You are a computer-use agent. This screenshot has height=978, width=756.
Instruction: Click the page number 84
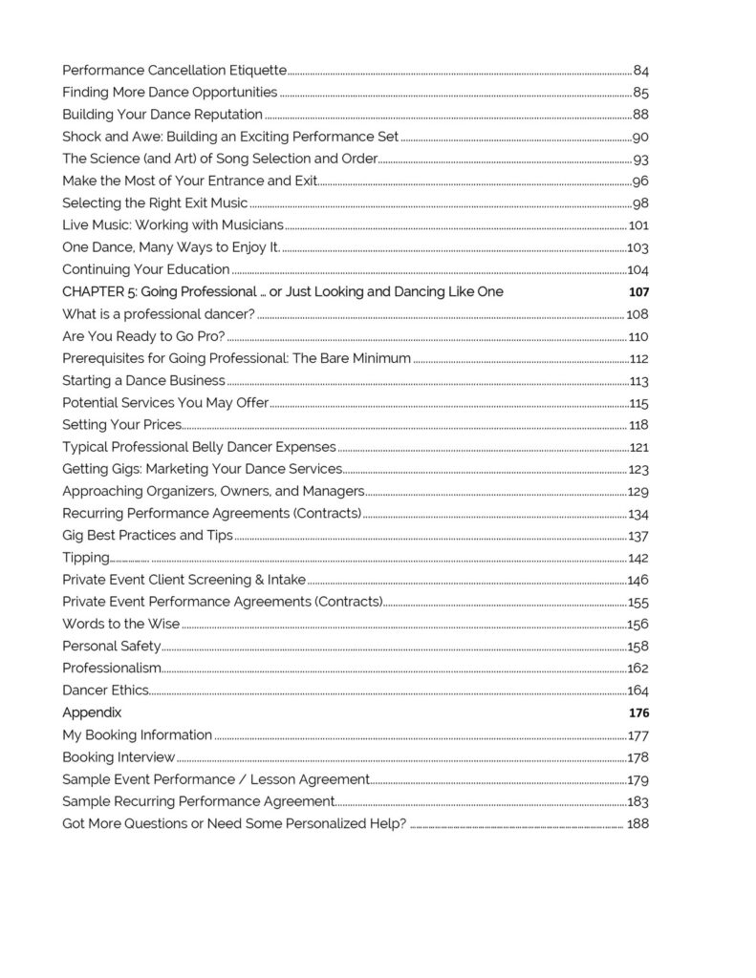[x=641, y=71]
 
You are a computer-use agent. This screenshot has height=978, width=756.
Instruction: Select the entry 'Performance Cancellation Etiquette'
[x=174, y=71]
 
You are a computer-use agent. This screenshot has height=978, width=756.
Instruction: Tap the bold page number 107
[x=638, y=291]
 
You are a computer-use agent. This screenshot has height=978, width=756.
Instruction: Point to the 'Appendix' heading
[x=92, y=712]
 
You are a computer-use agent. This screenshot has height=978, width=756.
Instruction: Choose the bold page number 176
[x=638, y=712]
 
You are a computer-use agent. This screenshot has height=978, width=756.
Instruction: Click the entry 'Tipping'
[x=86, y=558]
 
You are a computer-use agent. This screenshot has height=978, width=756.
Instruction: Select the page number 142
[x=638, y=558]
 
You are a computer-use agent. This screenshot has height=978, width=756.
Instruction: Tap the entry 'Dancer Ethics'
[x=105, y=691]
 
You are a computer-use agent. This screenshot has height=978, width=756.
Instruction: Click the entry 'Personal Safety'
[x=111, y=647]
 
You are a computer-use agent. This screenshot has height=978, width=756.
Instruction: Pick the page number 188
[x=638, y=823]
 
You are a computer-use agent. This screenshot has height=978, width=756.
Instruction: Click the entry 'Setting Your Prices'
[x=121, y=425]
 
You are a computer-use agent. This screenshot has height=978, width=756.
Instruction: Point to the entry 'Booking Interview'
[x=119, y=757]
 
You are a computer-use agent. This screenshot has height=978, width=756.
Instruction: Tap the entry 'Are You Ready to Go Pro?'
[x=143, y=336]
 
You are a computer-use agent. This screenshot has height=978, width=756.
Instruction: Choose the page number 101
[x=638, y=225]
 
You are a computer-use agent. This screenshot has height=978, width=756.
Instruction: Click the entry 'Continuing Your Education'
[x=145, y=269]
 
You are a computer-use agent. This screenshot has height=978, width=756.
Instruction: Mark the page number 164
[x=638, y=691]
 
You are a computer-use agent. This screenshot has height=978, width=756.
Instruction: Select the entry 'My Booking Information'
[x=137, y=735]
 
